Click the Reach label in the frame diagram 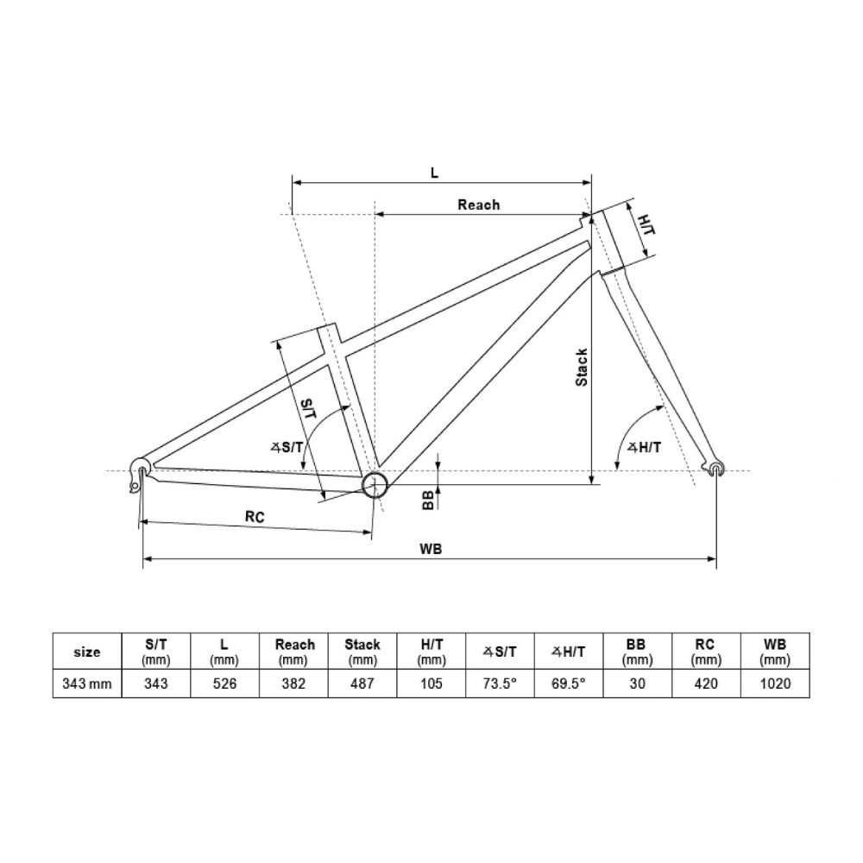pyautogui.click(x=478, y=205)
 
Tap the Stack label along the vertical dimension pyautogui.click(x=582, y=367)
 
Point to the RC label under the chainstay pyautogui.click(x=254, y=517)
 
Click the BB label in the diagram pyautogui.click(x=427, y=500)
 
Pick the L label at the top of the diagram pyautogui.click(x=435, y=172)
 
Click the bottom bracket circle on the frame pyautogui.click(x=374, y=486)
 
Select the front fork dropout pyautogui.click(x=715, y=468)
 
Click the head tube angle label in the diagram pyautogui.click(x=644, y=447)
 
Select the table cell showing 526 pyautogui.click(x=225, y=683)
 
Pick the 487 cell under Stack pyautogui.click(x=362, y=683)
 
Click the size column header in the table pyautogui.click(x=87, y=652)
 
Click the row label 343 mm pyautogui.click(x=87, y=683)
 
